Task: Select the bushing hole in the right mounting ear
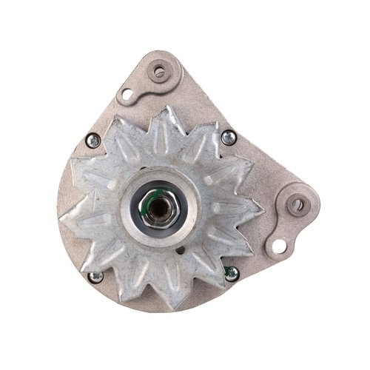coord(297,204)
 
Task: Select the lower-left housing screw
coord(95,277)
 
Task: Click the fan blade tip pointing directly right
coord(263,209)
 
